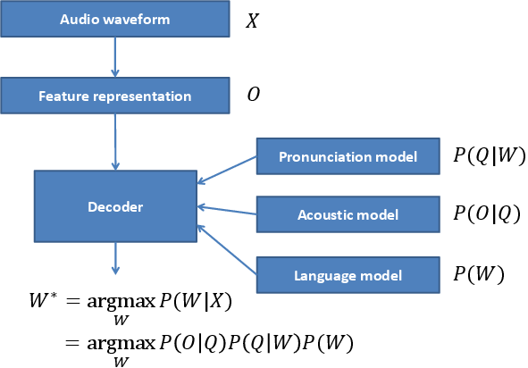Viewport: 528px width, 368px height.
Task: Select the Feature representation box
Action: [114, 95]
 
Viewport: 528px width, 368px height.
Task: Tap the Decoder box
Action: [115, 207]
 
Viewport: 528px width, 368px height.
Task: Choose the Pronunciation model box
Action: [348, 157]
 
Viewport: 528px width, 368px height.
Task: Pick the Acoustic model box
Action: [348, 214]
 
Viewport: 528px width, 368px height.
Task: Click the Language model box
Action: [348, 275]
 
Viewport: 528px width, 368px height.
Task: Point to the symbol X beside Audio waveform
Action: [253, 21]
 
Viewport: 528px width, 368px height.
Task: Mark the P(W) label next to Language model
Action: [478, 274]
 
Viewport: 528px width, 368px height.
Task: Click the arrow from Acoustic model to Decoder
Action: [227, 212]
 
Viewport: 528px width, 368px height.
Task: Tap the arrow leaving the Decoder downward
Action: [114, 260]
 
